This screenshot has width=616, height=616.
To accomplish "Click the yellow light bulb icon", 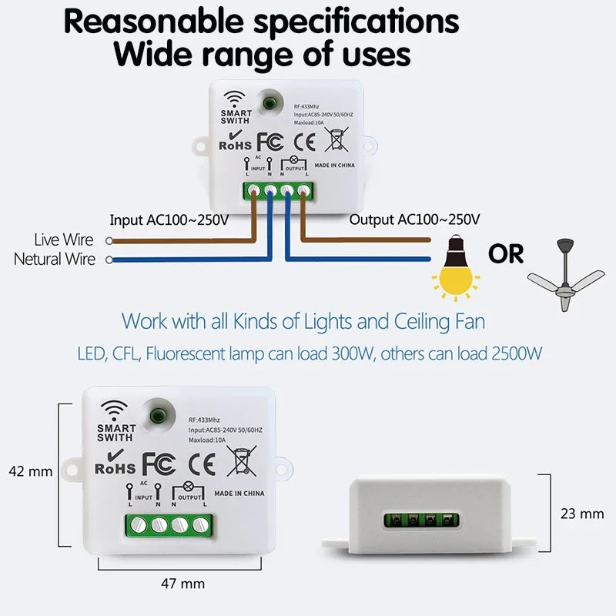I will coord(455,272).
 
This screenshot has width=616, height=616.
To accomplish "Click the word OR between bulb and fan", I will coord(505,253).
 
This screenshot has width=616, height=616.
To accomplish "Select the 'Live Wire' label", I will coord(64,241).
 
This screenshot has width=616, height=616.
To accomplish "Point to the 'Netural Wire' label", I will coord(55,259).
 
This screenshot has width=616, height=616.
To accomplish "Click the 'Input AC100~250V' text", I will coord(169,219).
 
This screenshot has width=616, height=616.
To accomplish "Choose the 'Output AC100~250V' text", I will coord(415,219).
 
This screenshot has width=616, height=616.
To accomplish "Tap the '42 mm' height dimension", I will coord(30,471).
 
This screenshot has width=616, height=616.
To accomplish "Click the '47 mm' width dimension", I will coord(182,583).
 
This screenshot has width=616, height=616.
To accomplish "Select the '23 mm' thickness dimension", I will coord(582,513).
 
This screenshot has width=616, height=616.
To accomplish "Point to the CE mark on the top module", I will coord(306,142).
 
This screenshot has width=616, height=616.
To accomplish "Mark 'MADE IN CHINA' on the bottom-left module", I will coord(239,493).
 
